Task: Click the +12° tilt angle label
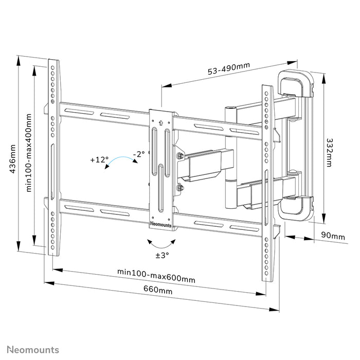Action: (99, 160)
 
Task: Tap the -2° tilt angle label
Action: (138, 154)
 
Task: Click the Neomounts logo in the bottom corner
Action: (32, 350)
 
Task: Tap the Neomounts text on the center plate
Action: (161, 224)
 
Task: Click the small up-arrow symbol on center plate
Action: (161, 122)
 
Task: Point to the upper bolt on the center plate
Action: (180, 156)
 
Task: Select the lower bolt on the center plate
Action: (180, 188)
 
